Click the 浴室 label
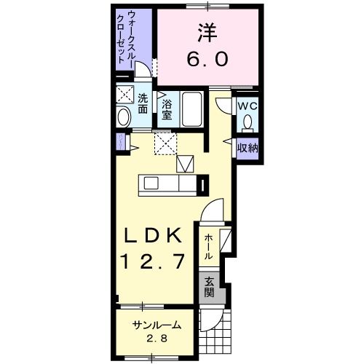click(167, 108)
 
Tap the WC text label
click(248, 104)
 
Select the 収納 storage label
click(248, 147)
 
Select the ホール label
click(209, 246)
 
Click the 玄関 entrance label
click(209, 288)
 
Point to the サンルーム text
click(156, 325)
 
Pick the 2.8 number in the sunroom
click(156, 339)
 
